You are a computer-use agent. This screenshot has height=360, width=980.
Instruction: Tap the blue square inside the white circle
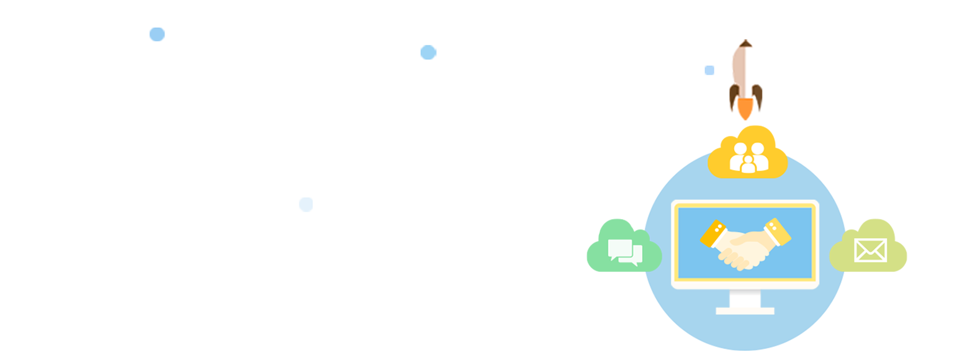click(709, 70)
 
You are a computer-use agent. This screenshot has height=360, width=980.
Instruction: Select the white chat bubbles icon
click(625, 252)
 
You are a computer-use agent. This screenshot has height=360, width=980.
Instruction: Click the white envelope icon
click(870, 250)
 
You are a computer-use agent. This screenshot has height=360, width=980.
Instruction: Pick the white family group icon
click(748, 158)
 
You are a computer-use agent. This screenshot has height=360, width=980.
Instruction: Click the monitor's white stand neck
click(745, 299)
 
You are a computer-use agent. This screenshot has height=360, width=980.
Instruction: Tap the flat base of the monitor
click(745, 310)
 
